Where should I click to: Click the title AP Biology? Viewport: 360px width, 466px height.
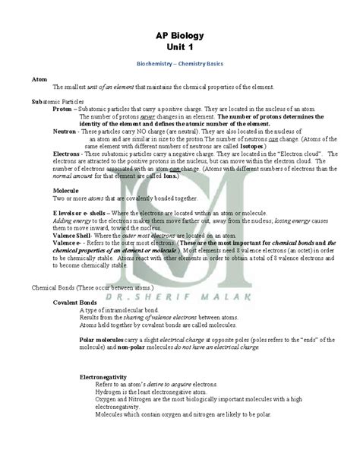pos(179,36)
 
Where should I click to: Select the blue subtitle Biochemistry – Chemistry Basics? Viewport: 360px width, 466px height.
pos(179,66)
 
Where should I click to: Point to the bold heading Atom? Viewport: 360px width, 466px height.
pos(39,79)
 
